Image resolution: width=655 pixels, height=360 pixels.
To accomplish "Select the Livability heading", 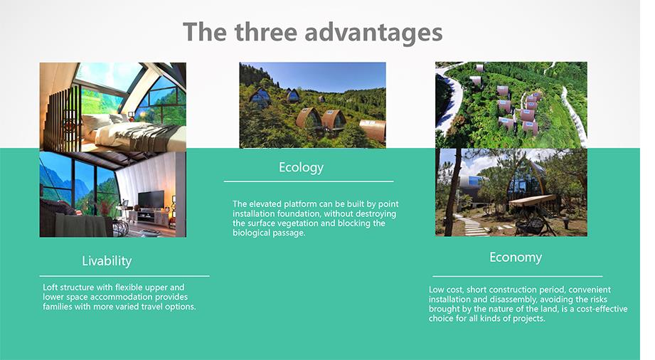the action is pyautogui.click(x=107, y=261).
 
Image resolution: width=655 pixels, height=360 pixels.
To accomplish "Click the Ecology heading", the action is pyautogui.click(x=301, y=168).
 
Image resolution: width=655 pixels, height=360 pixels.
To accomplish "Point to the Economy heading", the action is pyautogui.click(x=516, y=257).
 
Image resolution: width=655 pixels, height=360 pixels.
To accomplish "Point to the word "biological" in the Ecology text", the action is pyautogui.click(x=250, y=233).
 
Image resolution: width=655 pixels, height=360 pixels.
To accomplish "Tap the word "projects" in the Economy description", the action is pyautogui.click(x=529, y=319).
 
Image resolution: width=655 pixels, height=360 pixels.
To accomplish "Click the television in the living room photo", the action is pyautogui.click(x=151, y=199).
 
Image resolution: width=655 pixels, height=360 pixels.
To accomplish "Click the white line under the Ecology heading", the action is pyautogui.click(x=309, y=181).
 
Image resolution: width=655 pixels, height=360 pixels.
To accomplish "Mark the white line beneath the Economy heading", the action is pyautogui.click(x=518, y=276).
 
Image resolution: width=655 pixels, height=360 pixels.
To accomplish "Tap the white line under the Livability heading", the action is pyautogui.click(x=124, y=276).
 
